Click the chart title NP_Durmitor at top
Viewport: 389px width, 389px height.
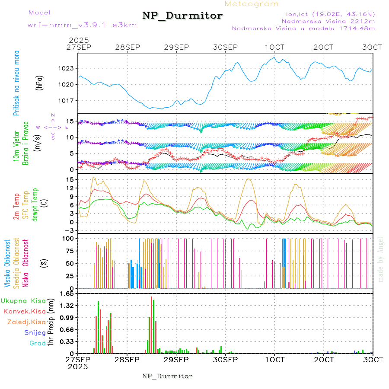[x=182, y=16]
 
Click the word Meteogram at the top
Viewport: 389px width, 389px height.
[x=252, y=4]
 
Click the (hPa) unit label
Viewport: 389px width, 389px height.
[x=39, y=83]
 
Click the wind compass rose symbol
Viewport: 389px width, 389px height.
[x=52, y=127]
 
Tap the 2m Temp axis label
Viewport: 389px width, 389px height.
[x=16, y=207]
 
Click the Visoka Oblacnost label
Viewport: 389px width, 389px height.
[x=8, y=264]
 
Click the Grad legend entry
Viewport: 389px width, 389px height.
[x=37, y=344]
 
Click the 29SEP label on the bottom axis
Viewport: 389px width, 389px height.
[x=176, y=360]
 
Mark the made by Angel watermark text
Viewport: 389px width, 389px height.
[x=380, y=259]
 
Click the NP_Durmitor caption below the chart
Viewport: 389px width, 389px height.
[x=167, y=376]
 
